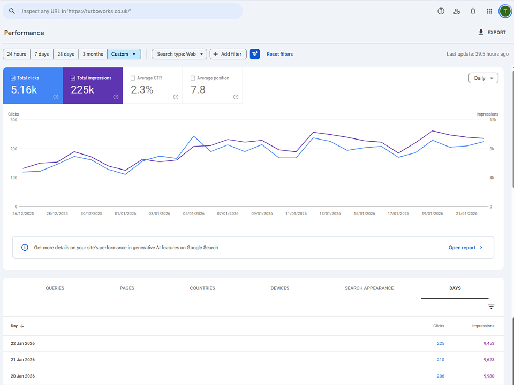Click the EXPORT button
pyautogui.click(x=492, y=33)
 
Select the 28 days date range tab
pyautogui.click(x=65, y=54)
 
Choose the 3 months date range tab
pyautogui.click(x=93, y=54)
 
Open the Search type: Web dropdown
pyautogui.click(x=179, y=54)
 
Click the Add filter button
pyautogui.click(x=228, y=54)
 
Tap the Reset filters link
pyautogui.click(x=279, y=54)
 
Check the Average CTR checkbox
pyautogui.click(x=133, y=78)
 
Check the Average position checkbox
pyautogui.click(x=193, y=78)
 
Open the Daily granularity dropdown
pyautogui.click(x=483, y=78)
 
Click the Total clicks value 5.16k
pyautogui.click(x=24, y=90)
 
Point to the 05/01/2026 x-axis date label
pyautogui.click(x=193, y=214)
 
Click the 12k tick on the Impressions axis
pyautogui.click(x=493, y=120)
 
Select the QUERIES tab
pyautogui.click(x=55, y=288)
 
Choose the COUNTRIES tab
pyautogui.click(x=202, y=288)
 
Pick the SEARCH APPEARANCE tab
pyautogui.click(x=369, y=288)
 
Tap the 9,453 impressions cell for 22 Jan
pyautogui.click(x=489, y=343)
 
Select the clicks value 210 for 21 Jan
pyautogui.click(x=441, y=360)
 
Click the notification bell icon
pyautogui.click(x=473, y=11)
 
